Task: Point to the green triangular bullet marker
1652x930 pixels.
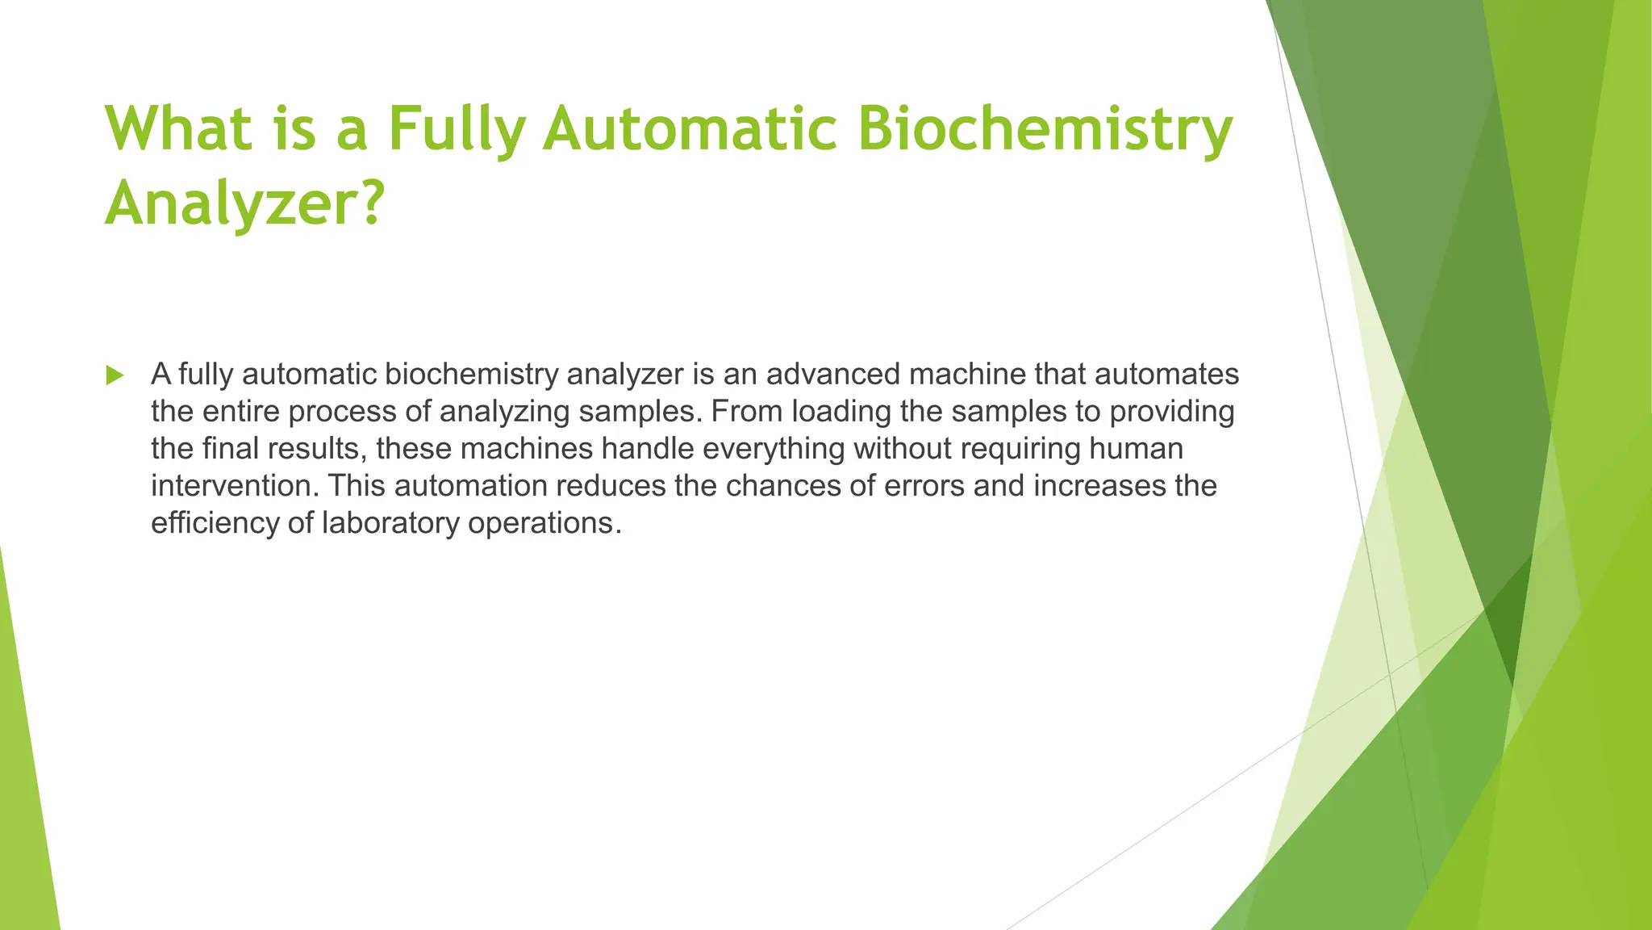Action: click(x=115, y=375)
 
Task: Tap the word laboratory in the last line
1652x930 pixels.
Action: click(x=390, y=523)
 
